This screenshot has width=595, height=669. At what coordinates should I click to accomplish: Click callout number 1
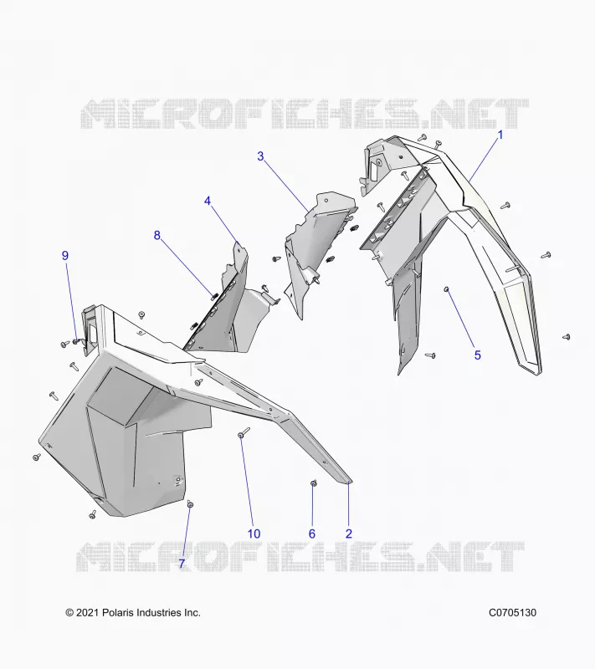[500, 135]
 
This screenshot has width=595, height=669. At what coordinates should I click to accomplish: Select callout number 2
[349, 534]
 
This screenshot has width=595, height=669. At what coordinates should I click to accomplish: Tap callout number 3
[260, 156]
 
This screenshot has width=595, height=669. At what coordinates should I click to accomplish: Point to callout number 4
[208, 201]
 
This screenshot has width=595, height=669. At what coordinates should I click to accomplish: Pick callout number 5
[478, 355]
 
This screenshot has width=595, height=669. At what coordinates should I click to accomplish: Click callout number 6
[312, 534]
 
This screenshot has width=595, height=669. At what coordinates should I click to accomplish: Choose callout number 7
[182, 564]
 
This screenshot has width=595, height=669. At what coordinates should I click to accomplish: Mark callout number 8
[157, 235]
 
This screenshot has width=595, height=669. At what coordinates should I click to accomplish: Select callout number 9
[65, 255]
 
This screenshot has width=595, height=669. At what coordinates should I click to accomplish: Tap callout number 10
[254, 534]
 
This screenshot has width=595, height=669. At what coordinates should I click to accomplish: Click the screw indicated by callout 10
[244, 432]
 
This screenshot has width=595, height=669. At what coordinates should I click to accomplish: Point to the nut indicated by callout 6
[313, 483]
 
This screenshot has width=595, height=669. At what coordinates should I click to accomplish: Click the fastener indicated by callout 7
[190, 504]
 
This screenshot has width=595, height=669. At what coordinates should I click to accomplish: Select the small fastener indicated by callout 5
[447, 289]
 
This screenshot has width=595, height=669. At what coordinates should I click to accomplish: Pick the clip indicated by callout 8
[215, 295]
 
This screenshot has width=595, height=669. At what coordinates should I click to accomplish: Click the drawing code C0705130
[512, 613]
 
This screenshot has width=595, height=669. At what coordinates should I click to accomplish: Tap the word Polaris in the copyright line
[118, 613]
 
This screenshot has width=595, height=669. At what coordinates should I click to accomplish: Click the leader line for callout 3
[286, 186]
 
